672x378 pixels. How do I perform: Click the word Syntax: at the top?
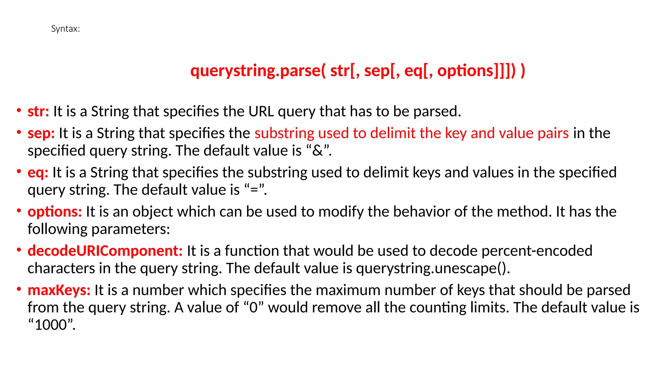tap(65, 29)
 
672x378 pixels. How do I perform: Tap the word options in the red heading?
tap(465, 71)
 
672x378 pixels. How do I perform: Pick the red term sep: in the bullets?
tap(41, 134)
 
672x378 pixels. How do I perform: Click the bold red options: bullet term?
tap(54, 212)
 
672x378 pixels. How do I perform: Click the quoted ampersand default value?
tap(318, 151)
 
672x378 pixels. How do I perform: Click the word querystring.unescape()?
tap(432, 269)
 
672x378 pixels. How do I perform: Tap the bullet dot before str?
tap(19, 111)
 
